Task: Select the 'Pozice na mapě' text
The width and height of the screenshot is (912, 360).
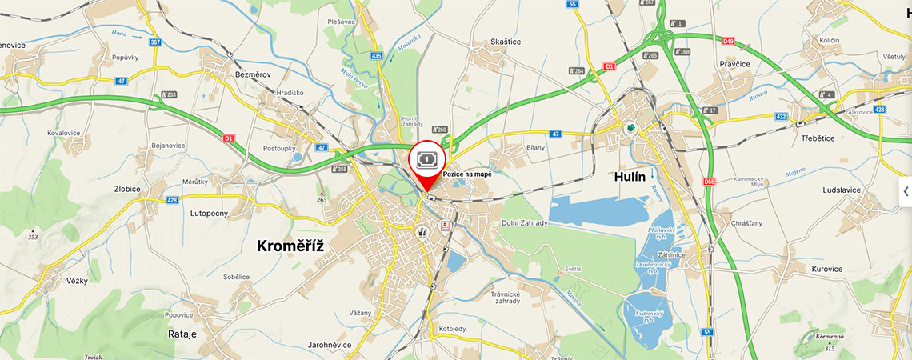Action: tap(467, 174)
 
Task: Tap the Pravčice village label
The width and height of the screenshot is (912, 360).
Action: tap(734, 63)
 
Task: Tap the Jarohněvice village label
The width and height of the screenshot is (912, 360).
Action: tap(330, 346)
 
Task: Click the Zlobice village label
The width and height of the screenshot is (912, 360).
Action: tap(128, 189)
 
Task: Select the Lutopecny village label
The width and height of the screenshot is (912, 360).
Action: tap(209, 214)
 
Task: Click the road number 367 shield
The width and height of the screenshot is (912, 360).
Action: tap(154, 42)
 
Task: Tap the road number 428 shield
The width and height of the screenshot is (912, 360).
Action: tap(172, 200)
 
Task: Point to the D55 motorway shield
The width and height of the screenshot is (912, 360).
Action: tap(709, 182)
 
